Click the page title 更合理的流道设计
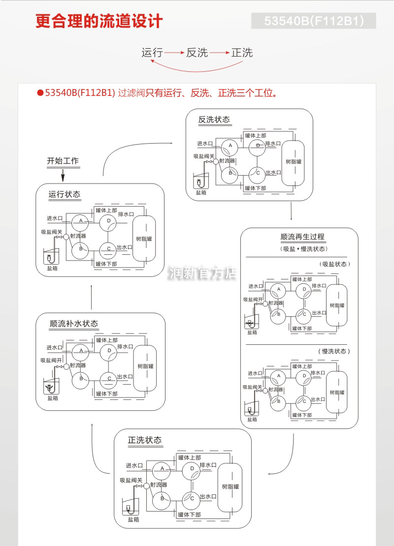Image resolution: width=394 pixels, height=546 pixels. (x=98, y=22)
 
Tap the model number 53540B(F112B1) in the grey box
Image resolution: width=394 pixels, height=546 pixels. (x=314, y=21)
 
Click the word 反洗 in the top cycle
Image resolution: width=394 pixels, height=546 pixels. (x=197, y=53)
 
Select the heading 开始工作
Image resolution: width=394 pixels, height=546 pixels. (x=63, y=161)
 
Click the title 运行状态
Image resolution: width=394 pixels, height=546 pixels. (x=65, y=194)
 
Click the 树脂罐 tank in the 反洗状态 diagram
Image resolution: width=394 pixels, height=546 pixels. (x=293, y=162)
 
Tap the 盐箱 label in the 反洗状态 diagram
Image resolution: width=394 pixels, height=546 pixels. (x=201, y=192)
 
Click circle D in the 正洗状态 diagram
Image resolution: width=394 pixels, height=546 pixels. (x=192, y=469)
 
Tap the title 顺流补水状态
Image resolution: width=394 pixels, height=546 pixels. (x=74, y=324)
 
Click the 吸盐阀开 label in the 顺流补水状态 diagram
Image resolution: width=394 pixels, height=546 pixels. (x=52, y=360)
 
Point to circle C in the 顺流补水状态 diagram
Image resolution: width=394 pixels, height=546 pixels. (x=108, y=379)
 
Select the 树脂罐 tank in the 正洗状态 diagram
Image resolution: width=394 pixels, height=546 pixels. (x=230, y=487)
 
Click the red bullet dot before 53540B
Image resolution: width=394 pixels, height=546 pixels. (x=40, y=93)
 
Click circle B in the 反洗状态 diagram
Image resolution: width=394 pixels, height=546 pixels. (x=229, y=173)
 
